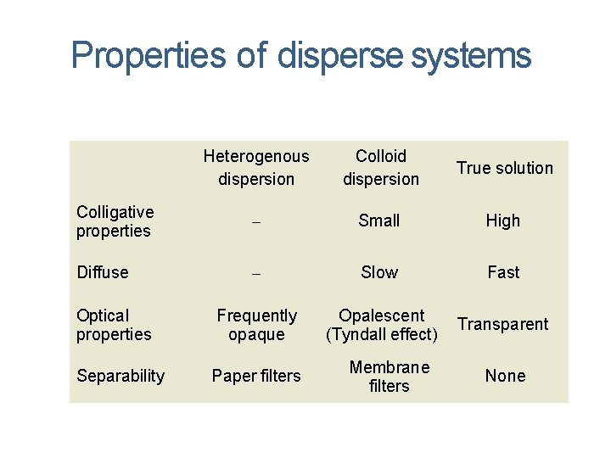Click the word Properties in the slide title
tap(149, 56)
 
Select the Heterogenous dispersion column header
tap(256, 167)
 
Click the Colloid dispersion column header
tap(381, 167)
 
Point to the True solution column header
tap(504, 168)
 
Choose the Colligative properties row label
tap(115, 221)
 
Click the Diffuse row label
tap(103, 272)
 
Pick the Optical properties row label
tap(114, 324)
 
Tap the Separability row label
tap(121, 376)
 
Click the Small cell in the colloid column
tap(378, 221)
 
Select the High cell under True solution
tap(503, 221)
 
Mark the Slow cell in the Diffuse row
tap(378, 272)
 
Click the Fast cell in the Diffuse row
tap(503, 272)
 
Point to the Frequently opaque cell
tap(256, 324)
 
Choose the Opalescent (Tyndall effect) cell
tap(381, 324)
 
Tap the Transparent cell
tap(503, 324)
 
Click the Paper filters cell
tap(256, 376)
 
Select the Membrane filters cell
tap(390, 376)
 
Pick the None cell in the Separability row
tap(505, 376)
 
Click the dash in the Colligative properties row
tap(256, 222)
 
